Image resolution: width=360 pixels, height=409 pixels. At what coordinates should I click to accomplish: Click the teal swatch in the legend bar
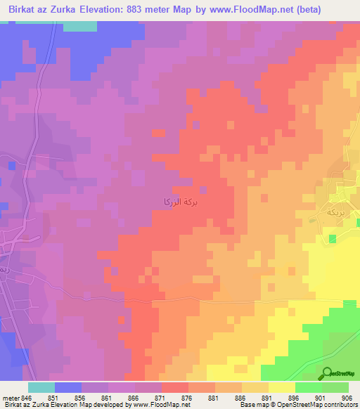tap(41, 387)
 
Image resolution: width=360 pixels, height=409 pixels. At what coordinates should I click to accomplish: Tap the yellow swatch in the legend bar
tap(282, 387)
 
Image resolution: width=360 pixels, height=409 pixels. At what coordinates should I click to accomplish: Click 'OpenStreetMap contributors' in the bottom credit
tap(321, 405)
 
